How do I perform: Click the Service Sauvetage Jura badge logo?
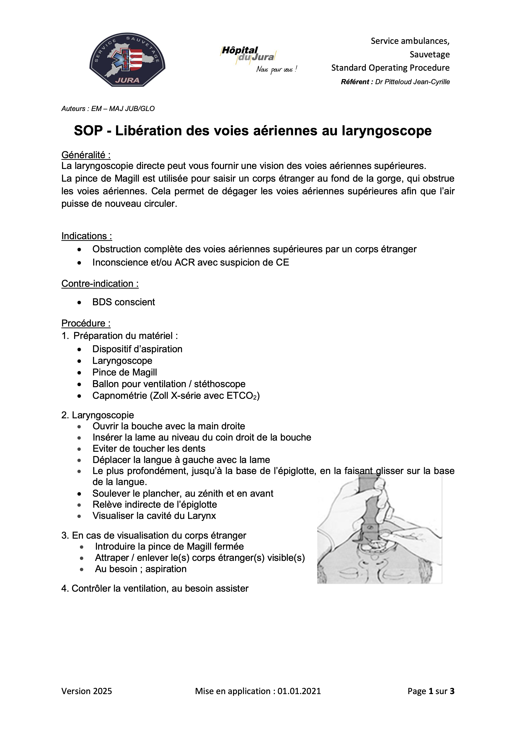click(127, 60)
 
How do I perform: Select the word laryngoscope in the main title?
click(387, 131)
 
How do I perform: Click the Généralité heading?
click(86, 155)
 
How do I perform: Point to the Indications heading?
click(87, 236)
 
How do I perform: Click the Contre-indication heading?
click(100, 283)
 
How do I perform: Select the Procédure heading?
click(86, 323)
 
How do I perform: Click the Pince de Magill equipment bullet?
click(125, 372)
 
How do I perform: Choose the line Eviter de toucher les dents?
click(149, 449)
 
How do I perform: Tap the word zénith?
click(220, 493)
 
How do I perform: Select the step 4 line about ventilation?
click(155, 588)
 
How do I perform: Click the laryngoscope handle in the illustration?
click(369, 502)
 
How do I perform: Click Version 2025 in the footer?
click(87, 691)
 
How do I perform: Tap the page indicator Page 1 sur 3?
click(431, 691)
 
